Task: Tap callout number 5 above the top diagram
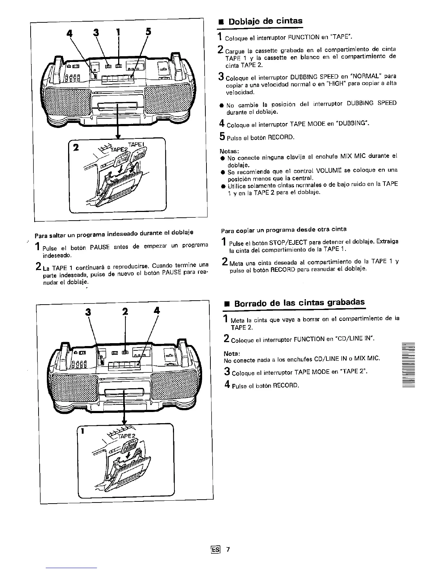[x=148, y=31]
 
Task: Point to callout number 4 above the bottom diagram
[x=156, y=311]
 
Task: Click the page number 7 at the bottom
[x=228, y=549]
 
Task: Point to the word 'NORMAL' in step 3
[x=366, y=76]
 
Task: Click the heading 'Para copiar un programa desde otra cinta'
[x=284, y=229]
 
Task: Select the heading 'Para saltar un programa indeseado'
[x=114, y=233]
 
